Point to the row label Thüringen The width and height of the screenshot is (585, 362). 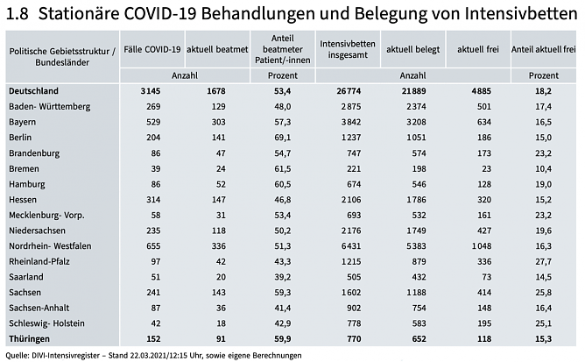click(29, 338)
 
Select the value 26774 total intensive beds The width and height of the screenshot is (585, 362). click(362, 90)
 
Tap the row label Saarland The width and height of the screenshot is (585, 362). click(25, 276)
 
